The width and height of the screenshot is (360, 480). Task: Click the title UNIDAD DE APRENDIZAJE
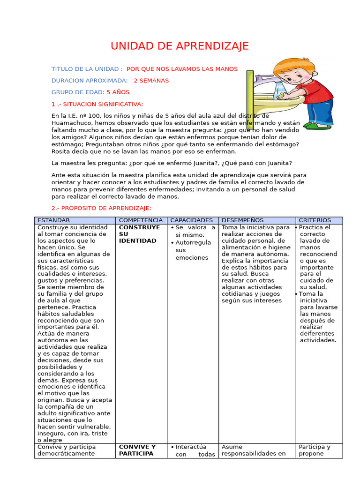[180, 46]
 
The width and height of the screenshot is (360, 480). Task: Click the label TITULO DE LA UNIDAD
[87, 69]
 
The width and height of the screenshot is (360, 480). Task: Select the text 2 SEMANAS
[151, 81]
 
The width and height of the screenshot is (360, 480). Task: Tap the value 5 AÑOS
[118, 92]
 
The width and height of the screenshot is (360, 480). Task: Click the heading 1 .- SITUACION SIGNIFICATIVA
[97, 104]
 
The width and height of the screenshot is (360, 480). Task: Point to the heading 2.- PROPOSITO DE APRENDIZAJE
[101, 208]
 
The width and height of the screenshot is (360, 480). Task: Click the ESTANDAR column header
[53, 220]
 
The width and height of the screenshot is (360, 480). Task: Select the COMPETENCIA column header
[141, 220]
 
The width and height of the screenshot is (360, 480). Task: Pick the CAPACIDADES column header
[191, 220]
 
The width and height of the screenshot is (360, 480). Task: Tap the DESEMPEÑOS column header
[242, 220]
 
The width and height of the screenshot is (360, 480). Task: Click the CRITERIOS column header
[315, 220]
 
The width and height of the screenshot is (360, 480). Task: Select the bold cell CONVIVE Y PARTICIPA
[137, 450]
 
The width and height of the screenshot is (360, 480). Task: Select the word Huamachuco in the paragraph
[71, 123]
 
